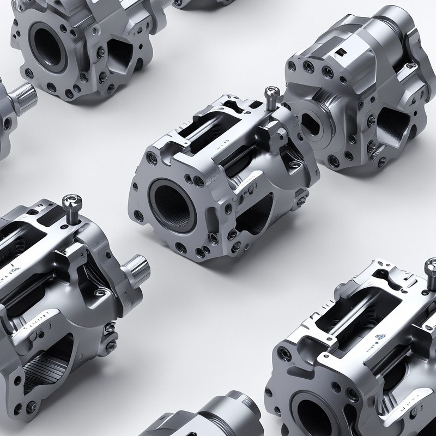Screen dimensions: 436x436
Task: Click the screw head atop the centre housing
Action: pyautogui.click(x=270, y=94)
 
